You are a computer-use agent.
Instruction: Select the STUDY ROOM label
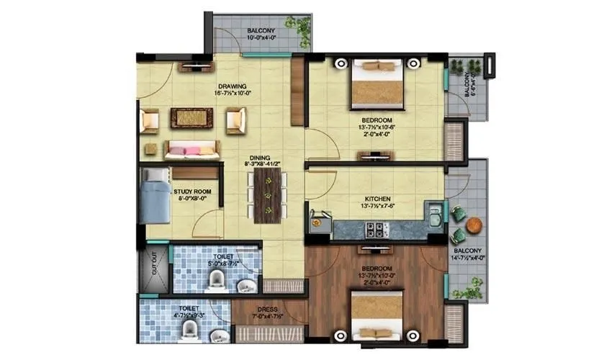coord(192,191)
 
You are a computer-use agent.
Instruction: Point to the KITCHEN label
coord(377,199)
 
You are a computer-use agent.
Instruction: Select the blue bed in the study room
coord(155,196)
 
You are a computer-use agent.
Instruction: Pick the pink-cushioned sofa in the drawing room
coord(191,150)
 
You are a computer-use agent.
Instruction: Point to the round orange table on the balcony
coord(474,225)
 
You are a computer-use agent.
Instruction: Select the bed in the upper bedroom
coord(377,83)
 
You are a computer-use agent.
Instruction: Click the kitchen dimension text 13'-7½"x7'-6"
coord(377,207)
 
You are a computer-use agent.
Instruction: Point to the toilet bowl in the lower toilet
coord(190,330)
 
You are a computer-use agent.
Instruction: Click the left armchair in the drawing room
coord(150,120)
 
